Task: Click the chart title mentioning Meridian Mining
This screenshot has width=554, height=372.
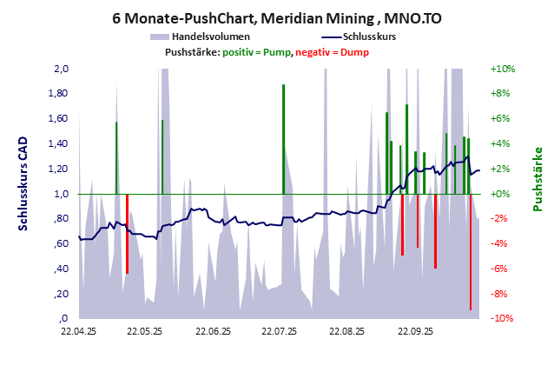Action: click(x=276, y=17)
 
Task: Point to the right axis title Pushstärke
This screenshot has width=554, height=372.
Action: click(x=538, y=178)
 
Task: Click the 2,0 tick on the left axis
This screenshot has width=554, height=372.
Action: click(x=61, y=69)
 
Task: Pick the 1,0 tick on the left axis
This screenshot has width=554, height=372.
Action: click(x=61, y=195)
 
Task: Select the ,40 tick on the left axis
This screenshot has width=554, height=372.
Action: click(x=61, y=269)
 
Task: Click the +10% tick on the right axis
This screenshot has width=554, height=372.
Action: click(x=504, y=69)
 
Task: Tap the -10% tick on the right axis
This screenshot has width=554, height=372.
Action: click(x=504, y=319)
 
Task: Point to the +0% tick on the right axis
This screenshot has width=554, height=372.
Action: click(x=504, y=195)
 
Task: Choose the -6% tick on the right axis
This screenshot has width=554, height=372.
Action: click(x=504, y=269)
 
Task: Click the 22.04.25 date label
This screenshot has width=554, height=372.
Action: click(x=78, y=331)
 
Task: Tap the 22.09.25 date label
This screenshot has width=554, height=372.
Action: click(x=414, y=331)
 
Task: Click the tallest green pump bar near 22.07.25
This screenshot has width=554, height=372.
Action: click(x=283, y=139)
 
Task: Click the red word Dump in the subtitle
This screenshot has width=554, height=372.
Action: click(x=354, y=52)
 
